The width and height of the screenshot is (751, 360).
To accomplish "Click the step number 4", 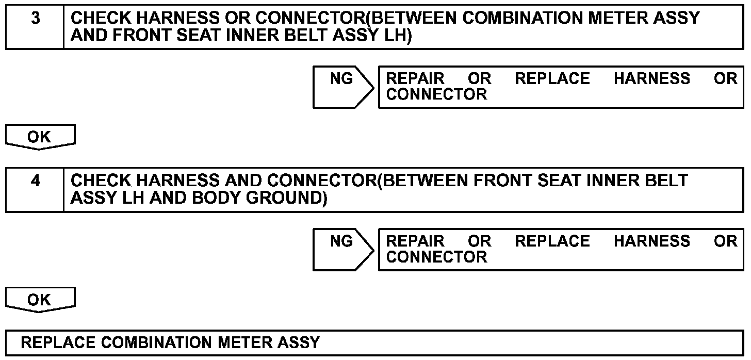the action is [x=35, y=182].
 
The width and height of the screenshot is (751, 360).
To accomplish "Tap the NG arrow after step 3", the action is [x=342, y=86].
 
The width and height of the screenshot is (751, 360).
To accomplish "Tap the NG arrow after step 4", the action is [x=342, y=249].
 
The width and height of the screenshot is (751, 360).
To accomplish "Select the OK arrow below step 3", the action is [x=40, y=138].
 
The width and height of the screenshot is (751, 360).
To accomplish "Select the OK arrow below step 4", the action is [x=40, y=300].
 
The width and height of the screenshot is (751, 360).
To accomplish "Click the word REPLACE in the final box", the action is [x=58, y=342].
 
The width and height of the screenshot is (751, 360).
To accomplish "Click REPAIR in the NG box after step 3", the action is [x=415, y=79].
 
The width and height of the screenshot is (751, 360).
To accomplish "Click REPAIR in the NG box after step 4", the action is [x=415, y=241].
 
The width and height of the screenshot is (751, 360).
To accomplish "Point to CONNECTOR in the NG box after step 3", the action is [x=436, y=95].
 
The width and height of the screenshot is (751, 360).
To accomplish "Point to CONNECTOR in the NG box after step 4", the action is [x=436, y=257].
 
